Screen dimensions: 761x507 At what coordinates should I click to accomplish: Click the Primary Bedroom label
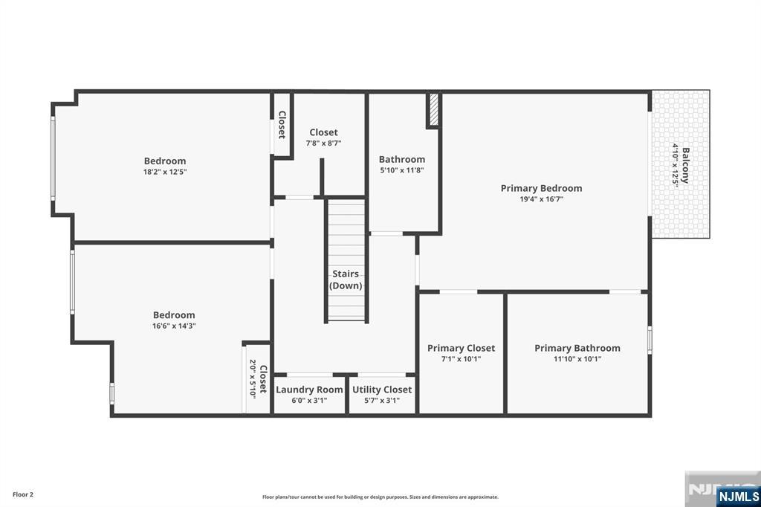point(541,188)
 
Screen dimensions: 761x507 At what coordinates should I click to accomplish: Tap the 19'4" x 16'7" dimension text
point(541,199)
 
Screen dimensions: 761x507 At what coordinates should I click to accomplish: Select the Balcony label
point(685,165)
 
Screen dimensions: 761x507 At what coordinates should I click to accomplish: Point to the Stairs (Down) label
point(346,280)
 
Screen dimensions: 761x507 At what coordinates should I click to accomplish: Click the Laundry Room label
point(309,390)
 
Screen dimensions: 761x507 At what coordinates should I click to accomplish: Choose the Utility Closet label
point(382,390)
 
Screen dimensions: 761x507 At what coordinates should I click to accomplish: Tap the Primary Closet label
point(461,348)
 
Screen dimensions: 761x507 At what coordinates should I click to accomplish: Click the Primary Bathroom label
point(577,348)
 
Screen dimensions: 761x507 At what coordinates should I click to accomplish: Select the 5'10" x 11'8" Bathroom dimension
point(402,170)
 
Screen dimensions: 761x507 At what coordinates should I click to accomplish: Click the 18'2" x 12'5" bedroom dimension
point(165,172)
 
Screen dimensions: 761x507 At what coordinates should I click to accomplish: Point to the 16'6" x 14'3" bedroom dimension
point(174,326)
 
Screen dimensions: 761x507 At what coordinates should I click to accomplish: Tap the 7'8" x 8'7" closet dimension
point(323,143)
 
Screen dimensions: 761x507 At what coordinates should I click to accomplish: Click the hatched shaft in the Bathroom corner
point(434,109)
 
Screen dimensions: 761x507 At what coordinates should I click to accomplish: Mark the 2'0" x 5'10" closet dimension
point(253,379)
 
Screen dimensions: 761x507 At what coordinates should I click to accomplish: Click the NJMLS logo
point(739,497)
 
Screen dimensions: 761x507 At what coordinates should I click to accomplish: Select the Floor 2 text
point(23,495)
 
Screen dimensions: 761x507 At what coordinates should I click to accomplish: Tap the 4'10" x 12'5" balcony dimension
point(675,165)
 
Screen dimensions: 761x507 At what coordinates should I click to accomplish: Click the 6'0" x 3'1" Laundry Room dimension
point(309,401)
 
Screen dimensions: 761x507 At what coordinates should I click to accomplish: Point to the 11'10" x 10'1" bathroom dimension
point(577,359)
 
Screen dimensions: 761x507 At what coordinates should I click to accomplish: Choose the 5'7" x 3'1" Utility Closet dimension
point(382,401)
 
